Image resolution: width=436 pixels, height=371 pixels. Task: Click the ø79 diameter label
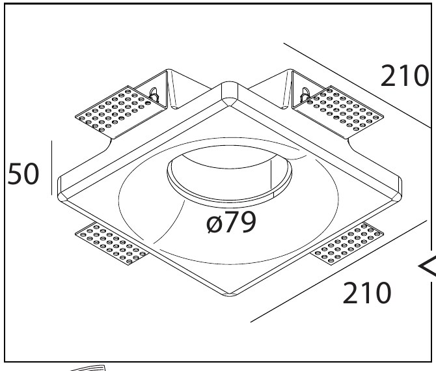coord(231,222)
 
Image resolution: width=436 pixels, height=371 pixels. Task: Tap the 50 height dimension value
coord(23,174)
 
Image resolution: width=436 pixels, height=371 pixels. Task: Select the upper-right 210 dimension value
coord(404,76)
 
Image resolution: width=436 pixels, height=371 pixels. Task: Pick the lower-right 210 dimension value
coord(367,293)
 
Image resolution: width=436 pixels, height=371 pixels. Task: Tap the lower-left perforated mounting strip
coord(112,244)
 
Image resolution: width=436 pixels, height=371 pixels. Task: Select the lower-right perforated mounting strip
coord(347,244)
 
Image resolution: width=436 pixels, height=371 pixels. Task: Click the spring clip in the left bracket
coord(154,96)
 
